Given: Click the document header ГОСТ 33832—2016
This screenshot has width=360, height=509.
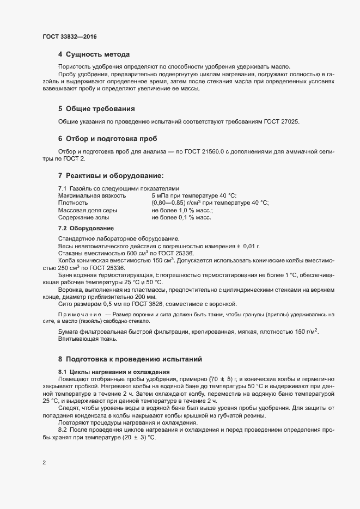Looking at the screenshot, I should click(x=70, y=36).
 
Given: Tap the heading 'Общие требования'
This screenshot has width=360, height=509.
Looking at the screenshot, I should click(x=97, y=109).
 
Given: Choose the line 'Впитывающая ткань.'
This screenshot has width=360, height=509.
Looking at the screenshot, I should click(x=87, y=340).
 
